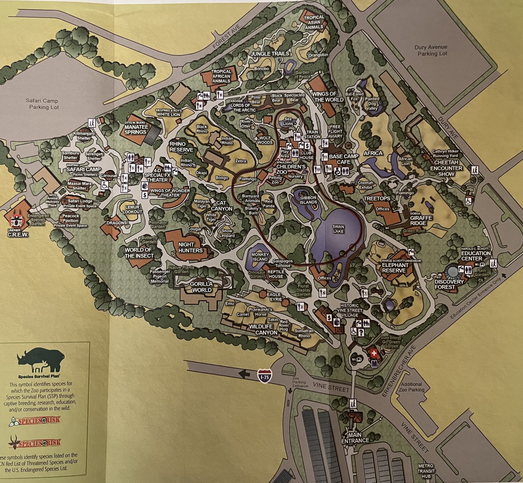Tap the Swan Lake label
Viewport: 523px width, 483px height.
(338, 229)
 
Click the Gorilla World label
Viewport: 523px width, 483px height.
(202, 287)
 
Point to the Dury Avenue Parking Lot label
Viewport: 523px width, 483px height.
(431, 51)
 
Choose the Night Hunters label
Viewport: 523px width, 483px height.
(190, 247)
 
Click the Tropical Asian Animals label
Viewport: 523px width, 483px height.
(314, 22)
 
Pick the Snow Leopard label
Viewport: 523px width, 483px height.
(227, 233)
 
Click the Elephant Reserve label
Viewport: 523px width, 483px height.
(393, 268)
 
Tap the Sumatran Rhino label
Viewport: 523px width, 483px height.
(304, 333)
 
